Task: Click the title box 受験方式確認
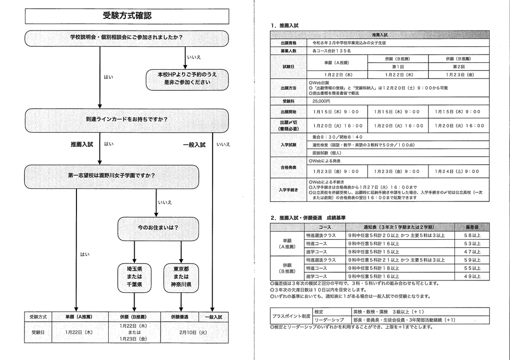pyautogui.click(x=126, y=15)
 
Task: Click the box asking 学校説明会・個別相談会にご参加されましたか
pyautogui.click(x=126, y=38)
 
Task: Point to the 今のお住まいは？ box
pyautogui.click(x=157, y=227)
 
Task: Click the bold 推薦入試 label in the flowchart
pyautogui.click(x=82, y=145)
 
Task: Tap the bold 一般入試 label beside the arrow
pyautogui.click(x=194, y=145)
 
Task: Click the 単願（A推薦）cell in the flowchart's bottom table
pyautogui.click(x=78, y=317)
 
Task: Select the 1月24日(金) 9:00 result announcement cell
pyautogui.click(x=458, y=171)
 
